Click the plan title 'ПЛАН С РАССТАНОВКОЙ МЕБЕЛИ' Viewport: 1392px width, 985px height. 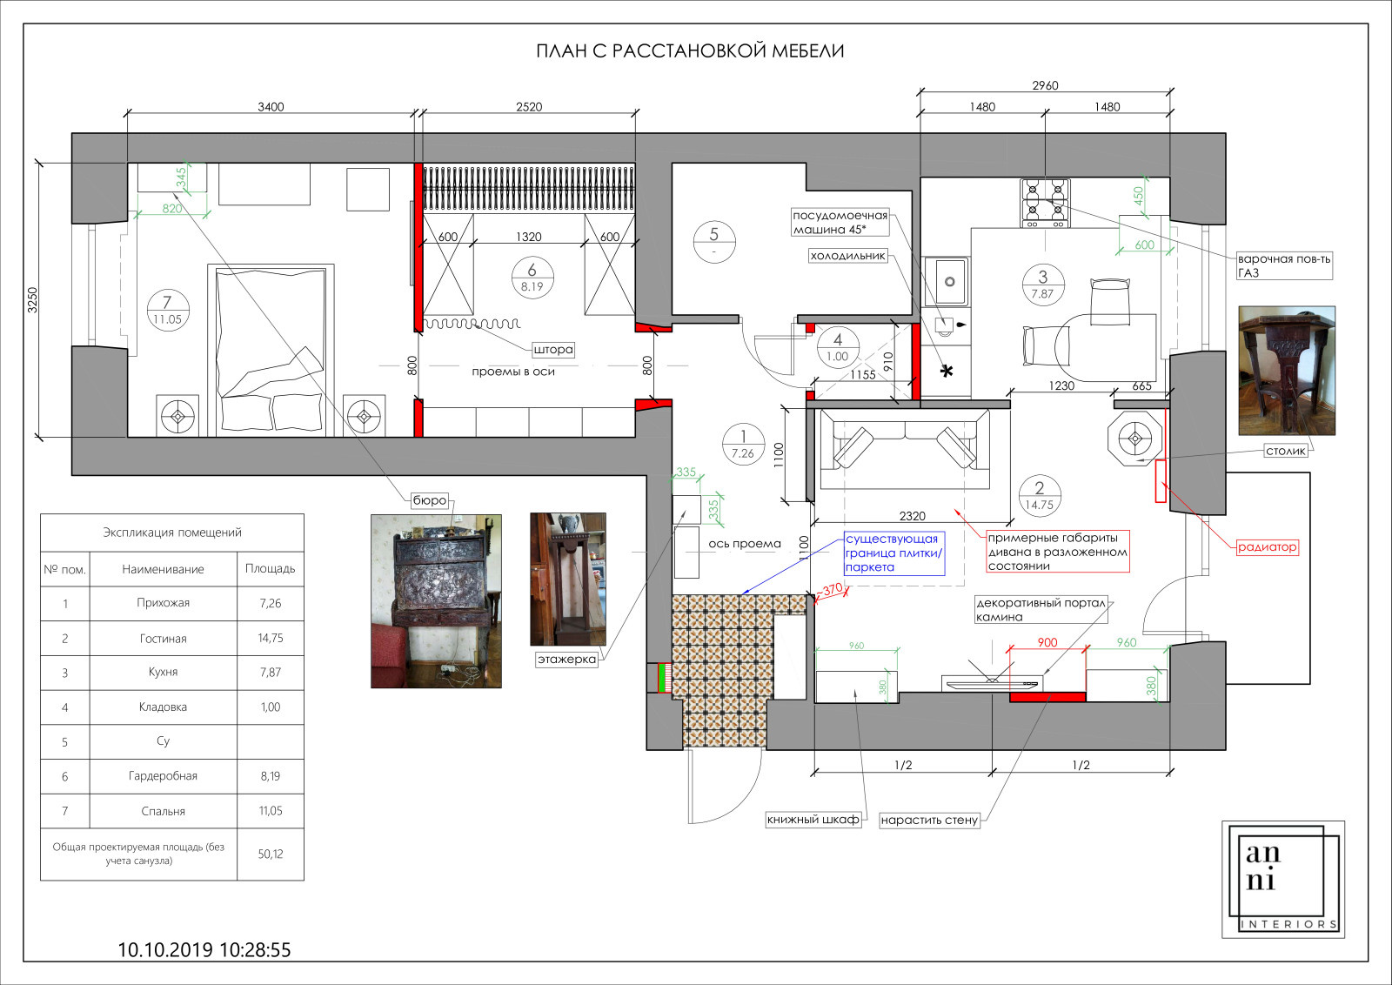tap(690, 51)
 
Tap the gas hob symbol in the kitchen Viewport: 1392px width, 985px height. tap(1045, 204)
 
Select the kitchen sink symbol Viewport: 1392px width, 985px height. tap(946, 282)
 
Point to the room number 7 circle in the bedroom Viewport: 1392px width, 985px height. tap(167, 310)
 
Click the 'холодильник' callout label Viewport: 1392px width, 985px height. tap(847, 256)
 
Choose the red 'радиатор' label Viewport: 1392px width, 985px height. tap(1267, 547)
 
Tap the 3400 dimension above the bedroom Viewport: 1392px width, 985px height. tap(271, 107)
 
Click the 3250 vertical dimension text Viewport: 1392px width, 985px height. tap(32, 300)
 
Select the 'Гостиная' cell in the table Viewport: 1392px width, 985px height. tap(163, 638)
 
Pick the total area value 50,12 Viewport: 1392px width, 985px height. tap(271, 854)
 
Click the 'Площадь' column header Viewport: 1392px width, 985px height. tap(271, 568)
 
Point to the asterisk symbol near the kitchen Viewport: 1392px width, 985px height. tap(947, 372)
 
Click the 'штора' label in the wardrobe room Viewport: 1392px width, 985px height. tap(553, 350)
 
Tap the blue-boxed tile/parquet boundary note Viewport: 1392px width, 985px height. tap(893, 553)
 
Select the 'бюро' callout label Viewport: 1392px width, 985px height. tap(430, 500)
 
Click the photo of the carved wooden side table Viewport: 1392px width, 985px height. tap(1287, 371)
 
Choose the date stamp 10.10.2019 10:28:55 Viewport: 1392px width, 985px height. tap(204, 949)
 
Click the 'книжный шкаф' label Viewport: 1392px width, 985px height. tap(813, 820)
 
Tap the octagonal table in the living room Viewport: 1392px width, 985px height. tap(1134, 439)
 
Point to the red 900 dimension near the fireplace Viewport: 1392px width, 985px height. tap(1047, 642)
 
